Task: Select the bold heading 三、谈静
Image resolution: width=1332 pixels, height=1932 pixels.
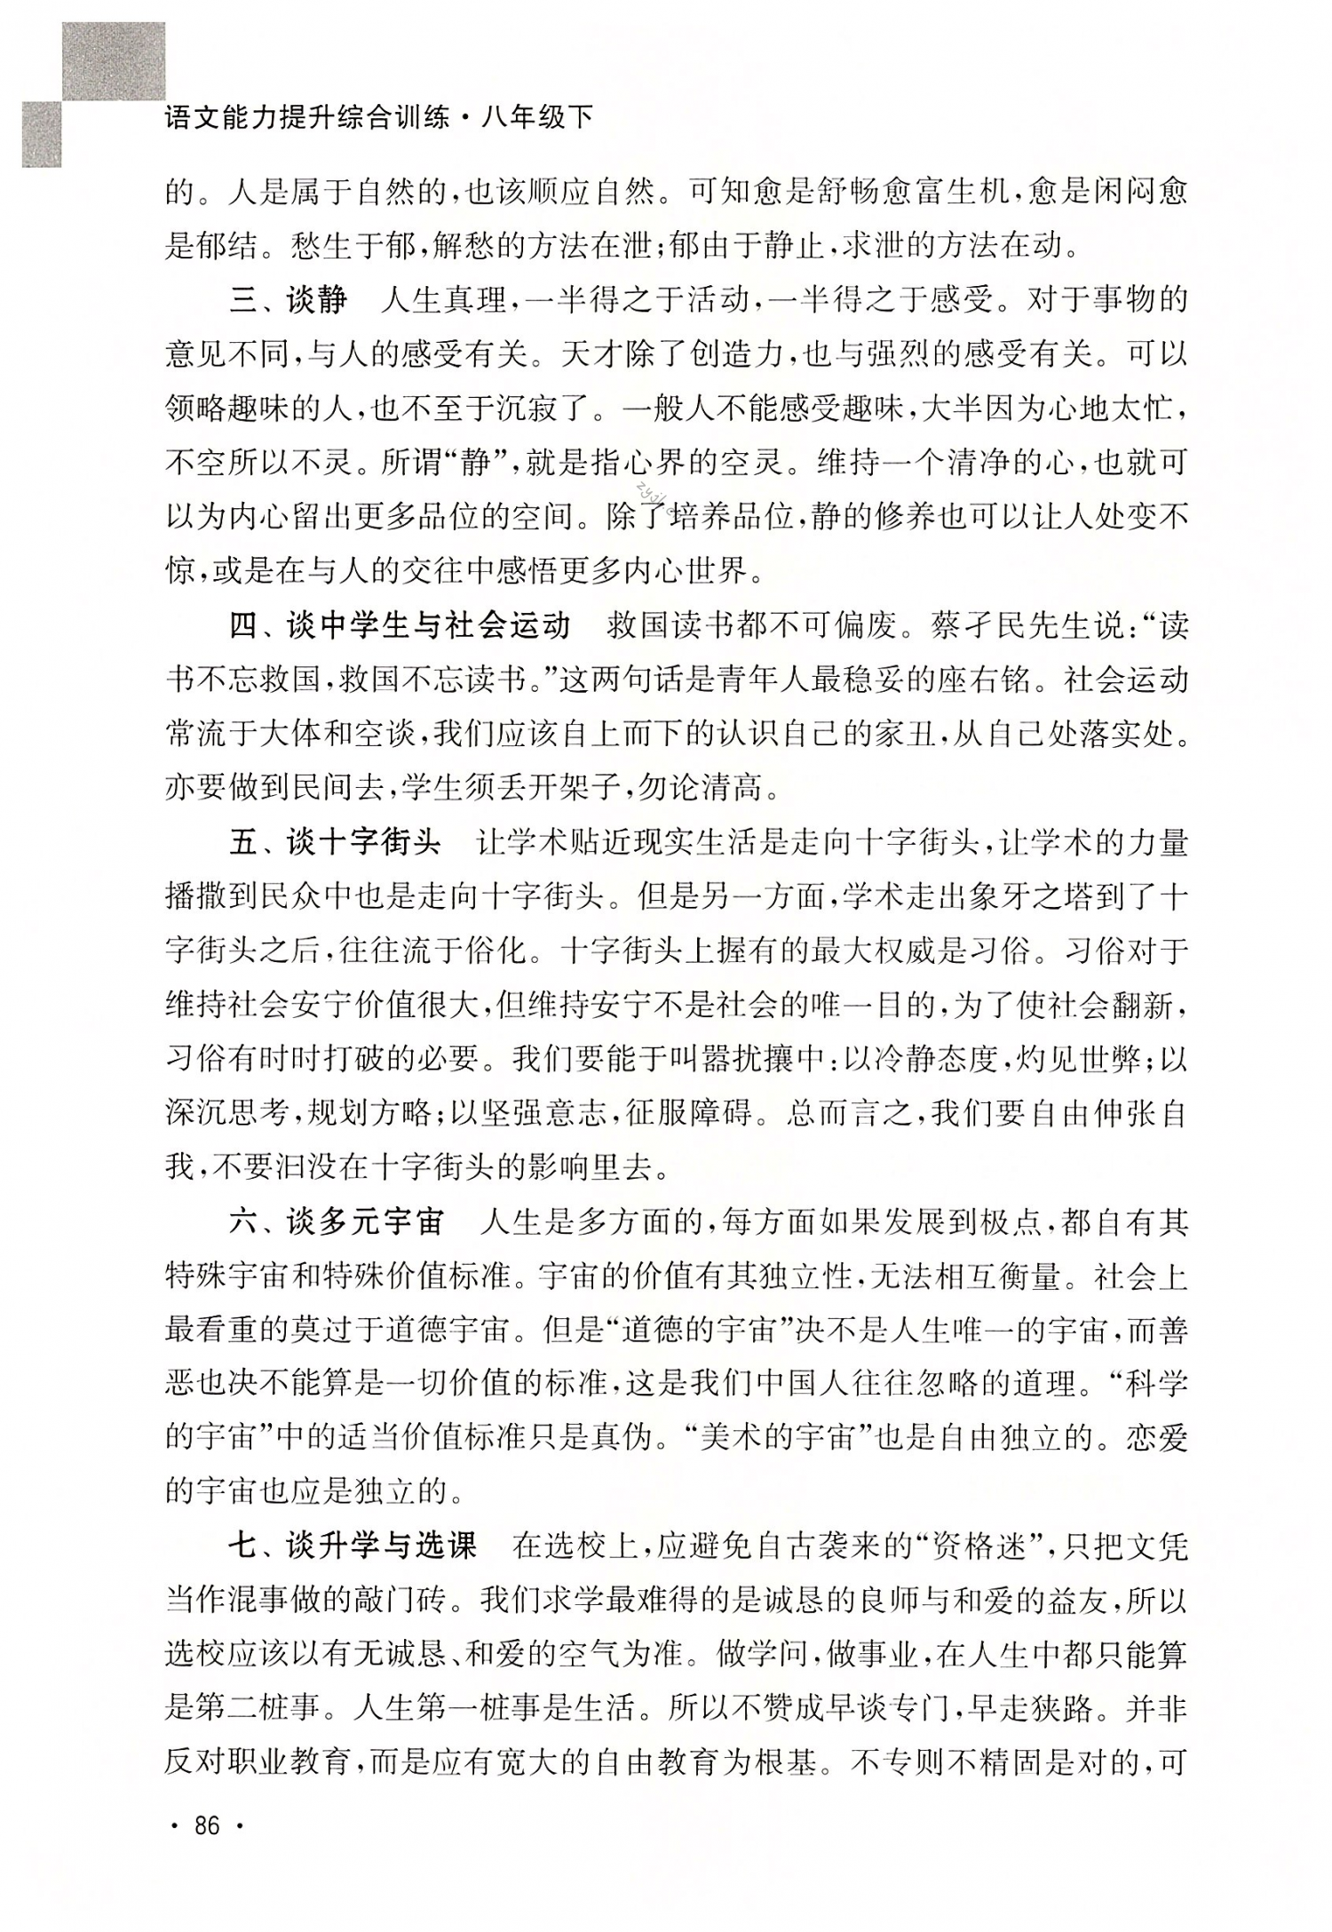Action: [288, 301]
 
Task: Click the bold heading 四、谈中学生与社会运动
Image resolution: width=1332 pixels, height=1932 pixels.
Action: [400, 626]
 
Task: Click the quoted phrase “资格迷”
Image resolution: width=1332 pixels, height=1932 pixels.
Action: [978, 1547]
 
